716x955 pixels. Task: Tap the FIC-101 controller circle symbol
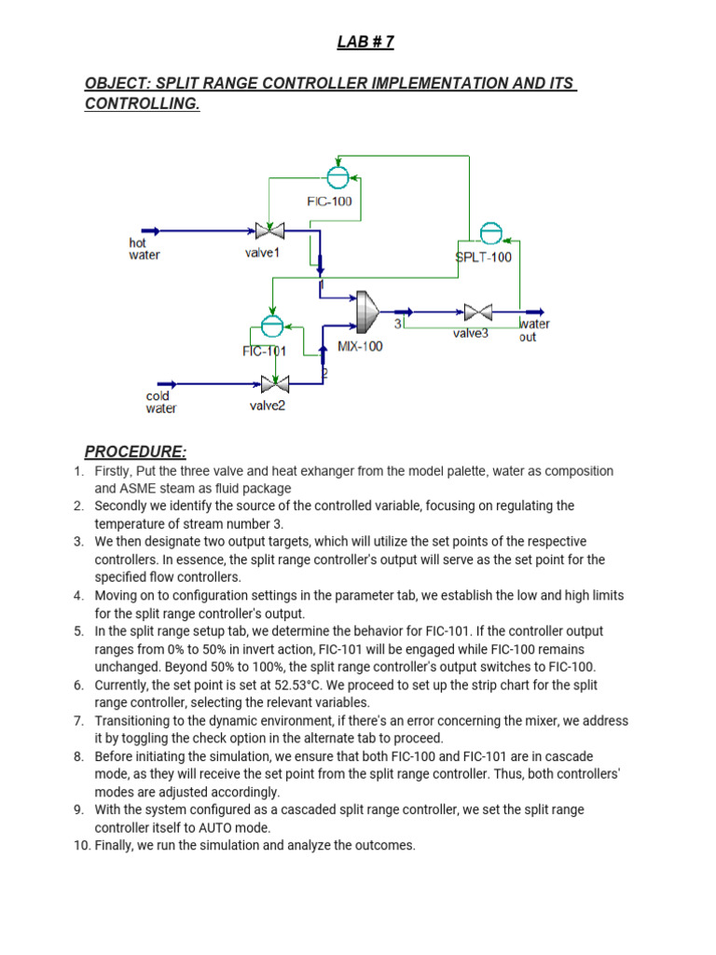click(x=271, y=325)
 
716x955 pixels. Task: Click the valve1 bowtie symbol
click(x=269, y=230)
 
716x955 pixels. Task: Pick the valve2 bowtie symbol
click(x=274, y=383)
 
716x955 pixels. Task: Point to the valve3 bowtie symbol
click(x=478, y=312)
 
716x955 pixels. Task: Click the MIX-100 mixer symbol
click(x=366, y=311)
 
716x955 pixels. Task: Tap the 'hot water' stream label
click(x=145, y=250)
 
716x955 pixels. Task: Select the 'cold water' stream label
click(x=161, y=402)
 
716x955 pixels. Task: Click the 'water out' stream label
click(x=534, y=330)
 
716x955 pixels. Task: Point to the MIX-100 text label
click(x=360, y=346)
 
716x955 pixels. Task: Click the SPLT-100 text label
click(x=484, y=257)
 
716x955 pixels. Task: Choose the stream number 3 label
click(x=398, y=324)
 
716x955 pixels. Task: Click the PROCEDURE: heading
click(x=135, y=452)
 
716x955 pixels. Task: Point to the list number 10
click(x=81, y=846)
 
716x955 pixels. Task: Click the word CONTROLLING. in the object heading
click(x=143, y=104)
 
